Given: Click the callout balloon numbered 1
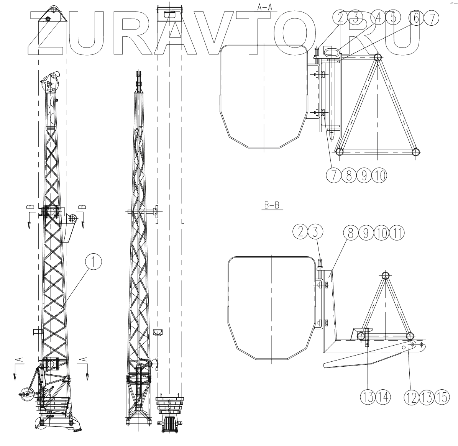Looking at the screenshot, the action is [x=94, y=261].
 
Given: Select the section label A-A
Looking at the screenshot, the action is [x=264, y=7].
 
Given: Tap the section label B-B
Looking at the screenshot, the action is [x=272, y=205].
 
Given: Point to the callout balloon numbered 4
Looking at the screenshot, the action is [x=378, y=18].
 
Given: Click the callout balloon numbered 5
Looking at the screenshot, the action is [x=393, y=18].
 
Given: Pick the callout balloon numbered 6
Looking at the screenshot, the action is [x=416, y=18].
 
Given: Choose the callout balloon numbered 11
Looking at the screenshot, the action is [x=397, y=233].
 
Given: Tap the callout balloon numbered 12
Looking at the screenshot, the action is [x=412, y=397].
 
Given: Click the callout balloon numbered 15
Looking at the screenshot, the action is [x=442, y=397].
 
